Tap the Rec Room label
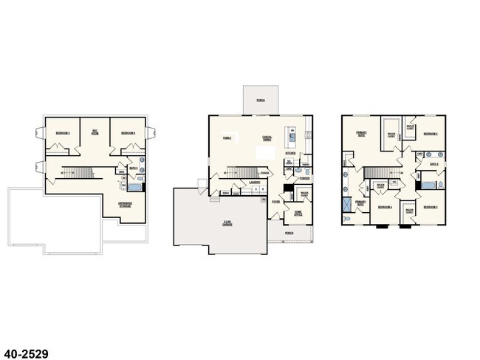coord(95,132)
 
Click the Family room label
coord(227,137)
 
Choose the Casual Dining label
coord(267,138)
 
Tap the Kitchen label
coord(301,154)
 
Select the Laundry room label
coord(254,181)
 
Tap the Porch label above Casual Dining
coord(261,99)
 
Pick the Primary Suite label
coord(362,135)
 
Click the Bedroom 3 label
coord(432,207)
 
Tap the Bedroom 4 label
coord(385,207)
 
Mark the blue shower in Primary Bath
coord(348,206)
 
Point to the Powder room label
coord(304,178)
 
